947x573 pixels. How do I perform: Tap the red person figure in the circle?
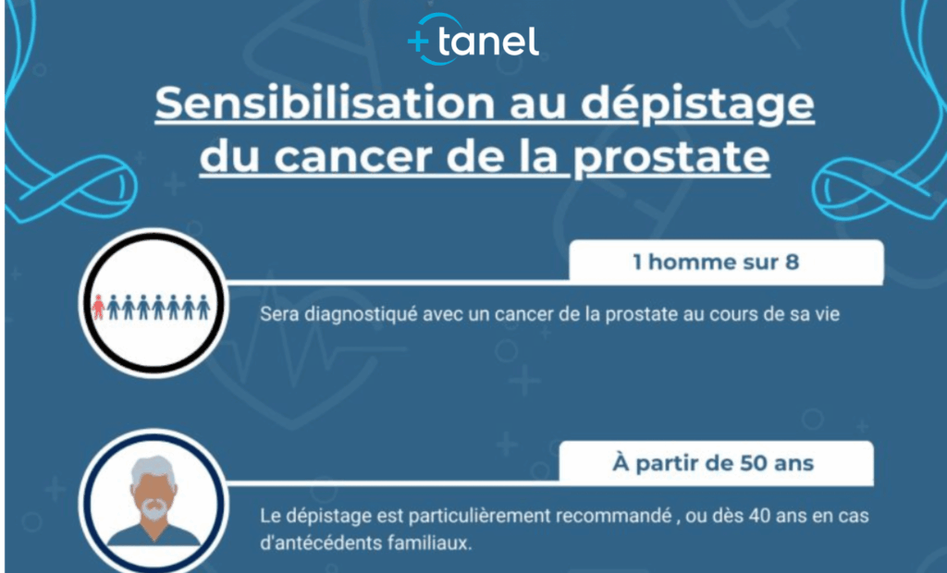tap(99, 306)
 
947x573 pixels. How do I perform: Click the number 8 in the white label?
tap(792, 262)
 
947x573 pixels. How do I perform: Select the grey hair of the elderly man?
tap(153, 472)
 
